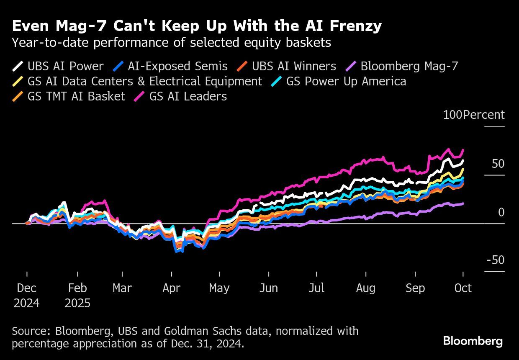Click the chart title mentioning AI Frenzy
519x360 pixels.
click(197, 26)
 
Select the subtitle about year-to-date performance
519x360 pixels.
click(172, 43)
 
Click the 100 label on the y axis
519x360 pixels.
click(452, 115)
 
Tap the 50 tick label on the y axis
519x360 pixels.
click(498, 164)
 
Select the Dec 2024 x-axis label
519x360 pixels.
click(27, 295)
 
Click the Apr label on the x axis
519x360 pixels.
click(171, 288)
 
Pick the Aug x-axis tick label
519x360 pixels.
click(366, 288)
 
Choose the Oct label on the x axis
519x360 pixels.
click(463, 288)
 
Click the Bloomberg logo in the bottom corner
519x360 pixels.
click(473, 341)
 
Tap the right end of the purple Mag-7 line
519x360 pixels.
click(463, 203)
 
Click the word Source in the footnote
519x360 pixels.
click(32, 331)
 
